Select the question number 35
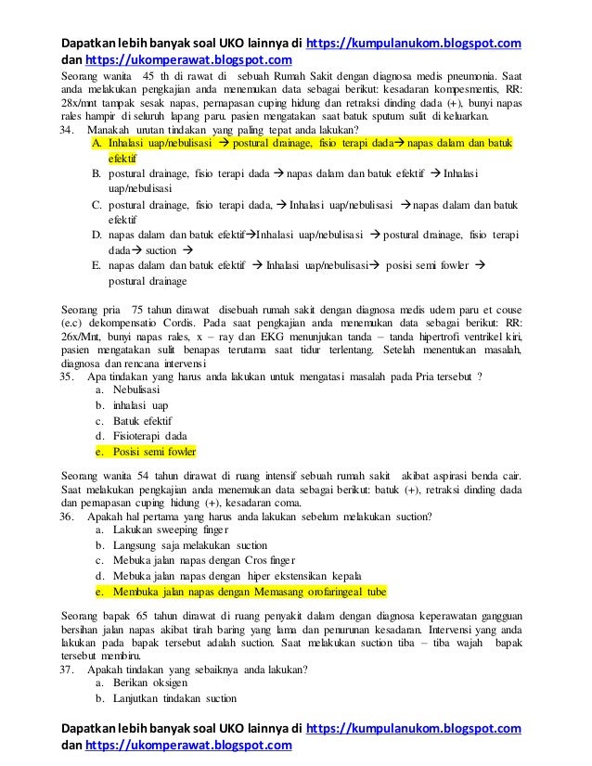point(66,377)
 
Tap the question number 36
point(66,516)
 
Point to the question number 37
point(66,669)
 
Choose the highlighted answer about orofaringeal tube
point(250,591)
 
